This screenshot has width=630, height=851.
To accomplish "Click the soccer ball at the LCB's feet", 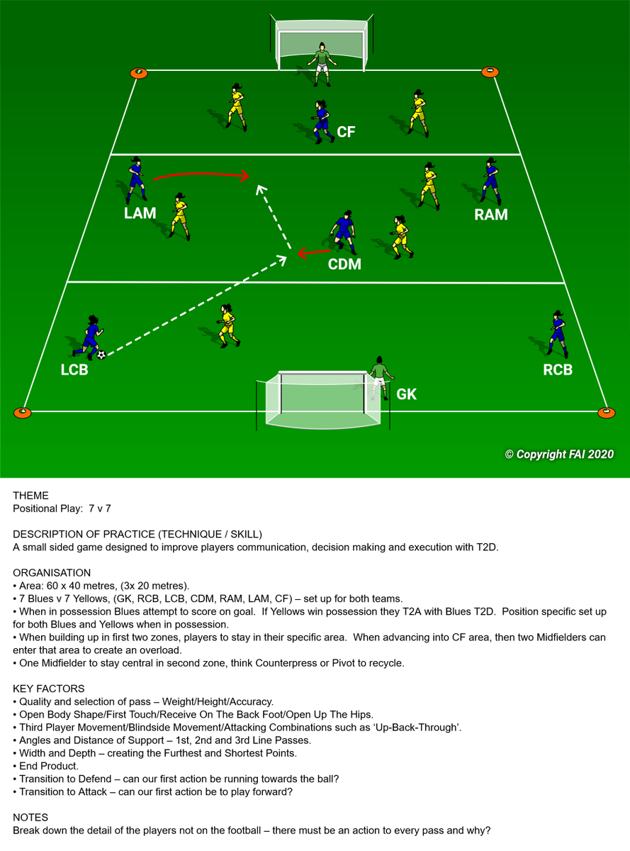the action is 101,355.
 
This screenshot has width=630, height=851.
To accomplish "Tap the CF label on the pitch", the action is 346,132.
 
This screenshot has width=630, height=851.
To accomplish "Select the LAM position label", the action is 140,213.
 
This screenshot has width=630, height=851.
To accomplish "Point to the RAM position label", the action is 491,214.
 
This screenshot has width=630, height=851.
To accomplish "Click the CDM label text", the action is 344,264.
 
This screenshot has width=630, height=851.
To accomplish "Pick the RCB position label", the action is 558,369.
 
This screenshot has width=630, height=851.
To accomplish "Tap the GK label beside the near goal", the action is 406,394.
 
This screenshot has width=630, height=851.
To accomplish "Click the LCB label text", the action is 74,369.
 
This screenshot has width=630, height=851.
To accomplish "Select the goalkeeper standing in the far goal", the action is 322,64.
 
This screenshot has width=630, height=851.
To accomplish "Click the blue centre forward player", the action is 322,122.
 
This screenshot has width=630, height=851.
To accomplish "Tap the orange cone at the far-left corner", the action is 139,73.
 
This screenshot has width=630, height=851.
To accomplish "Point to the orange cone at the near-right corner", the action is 606,413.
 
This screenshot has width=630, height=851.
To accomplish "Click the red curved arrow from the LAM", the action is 201,174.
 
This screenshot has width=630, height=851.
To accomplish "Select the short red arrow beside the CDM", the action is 314,252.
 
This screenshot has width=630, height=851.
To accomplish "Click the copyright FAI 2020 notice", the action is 559,455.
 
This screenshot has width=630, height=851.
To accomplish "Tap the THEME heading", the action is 30,495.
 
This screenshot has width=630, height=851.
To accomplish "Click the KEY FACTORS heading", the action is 49,689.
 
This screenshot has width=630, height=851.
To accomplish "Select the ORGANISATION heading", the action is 52,572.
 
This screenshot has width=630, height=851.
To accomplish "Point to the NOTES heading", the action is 30,817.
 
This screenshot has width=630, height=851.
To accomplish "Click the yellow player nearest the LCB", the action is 227,326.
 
